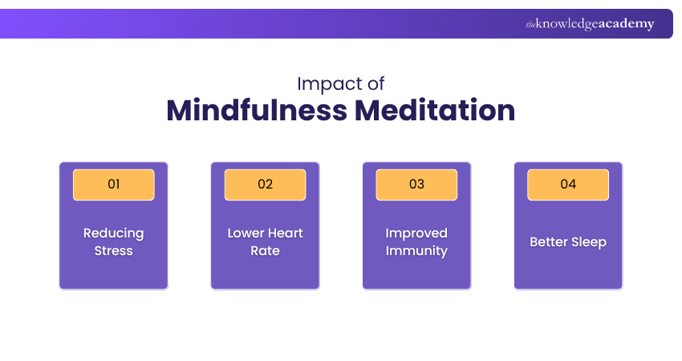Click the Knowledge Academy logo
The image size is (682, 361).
tap(590, 24)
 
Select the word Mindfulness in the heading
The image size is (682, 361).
tap(257, 110)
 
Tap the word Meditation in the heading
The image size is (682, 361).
tap(435, 110)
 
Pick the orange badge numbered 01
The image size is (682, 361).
tap(113, 185)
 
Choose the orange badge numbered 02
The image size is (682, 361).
tap(265, 185)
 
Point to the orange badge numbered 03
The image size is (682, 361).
tap(416, 185)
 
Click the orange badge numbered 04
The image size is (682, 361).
tap(568, 185)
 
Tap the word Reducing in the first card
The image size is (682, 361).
tap(113, 233)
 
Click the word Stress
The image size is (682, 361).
tap(113, 250)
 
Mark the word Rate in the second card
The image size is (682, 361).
tap(265, 250)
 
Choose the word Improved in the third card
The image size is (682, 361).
tap(416, 233)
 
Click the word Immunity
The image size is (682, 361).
tap(416, 251)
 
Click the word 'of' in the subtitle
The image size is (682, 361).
tap(376, 84)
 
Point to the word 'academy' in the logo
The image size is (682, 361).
tap(627, 24)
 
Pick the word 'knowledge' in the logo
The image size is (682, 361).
tap(566, 24)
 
